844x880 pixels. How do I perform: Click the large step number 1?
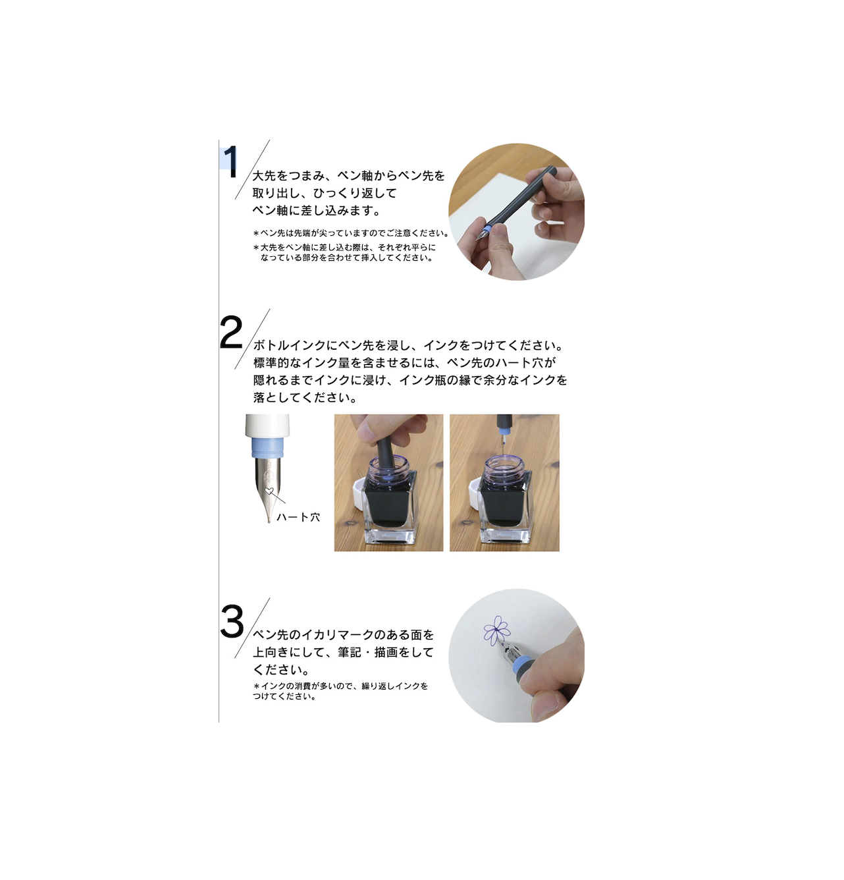click(x=231, y=161)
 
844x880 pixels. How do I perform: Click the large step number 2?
click(x=231, y=333)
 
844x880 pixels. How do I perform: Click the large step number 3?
click(x=232, y=621)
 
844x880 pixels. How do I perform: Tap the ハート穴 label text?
click(x=298, y=517)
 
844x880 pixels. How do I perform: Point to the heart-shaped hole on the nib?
click(x=269, y=491)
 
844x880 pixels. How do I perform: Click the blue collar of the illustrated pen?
click(x=267, y=448)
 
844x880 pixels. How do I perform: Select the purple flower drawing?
click(x=496, y=630)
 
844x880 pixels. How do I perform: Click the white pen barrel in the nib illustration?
click(x=267, y=426)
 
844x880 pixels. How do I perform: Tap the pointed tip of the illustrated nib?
click(x=269, y=522)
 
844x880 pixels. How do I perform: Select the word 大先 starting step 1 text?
click(x=264, y=175)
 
